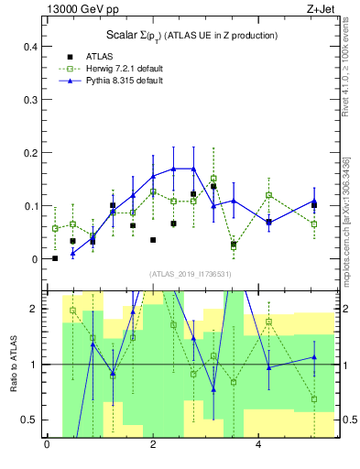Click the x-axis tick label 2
153,445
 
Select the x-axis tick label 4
259,445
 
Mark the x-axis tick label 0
47,445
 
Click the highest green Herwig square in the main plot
213,179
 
